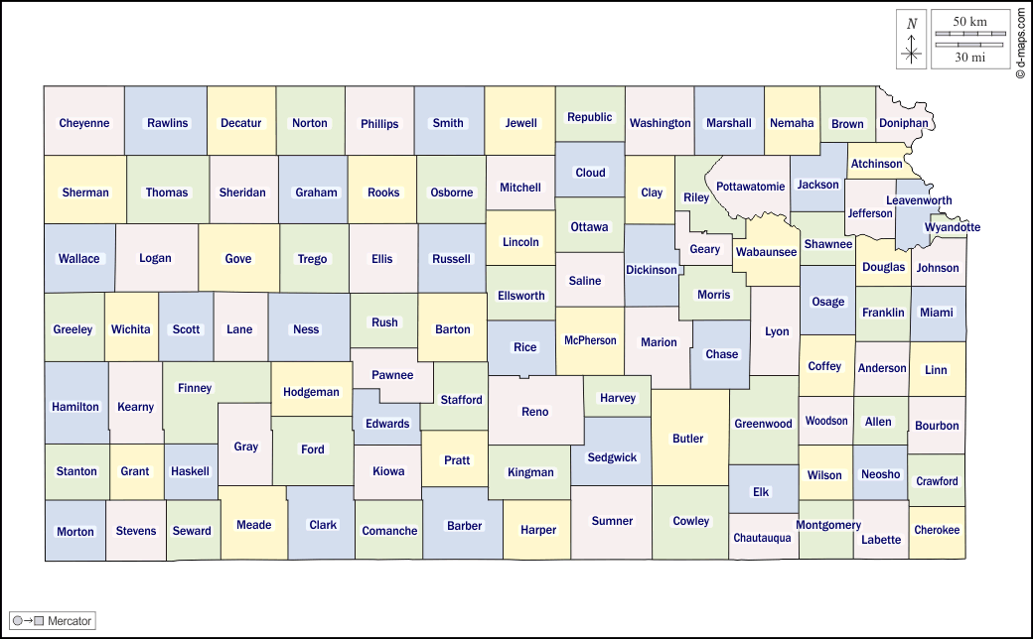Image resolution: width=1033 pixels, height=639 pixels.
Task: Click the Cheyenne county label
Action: pyautogui.click(x=84, y=123)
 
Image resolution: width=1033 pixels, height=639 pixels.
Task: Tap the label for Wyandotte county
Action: pyautogui.click(x=952, y=227)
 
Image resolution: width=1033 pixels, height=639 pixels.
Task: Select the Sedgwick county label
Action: pyautogui.click(x=612, y=457)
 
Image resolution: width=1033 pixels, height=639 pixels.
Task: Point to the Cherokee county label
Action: pyautogui.click(x=937, y=530)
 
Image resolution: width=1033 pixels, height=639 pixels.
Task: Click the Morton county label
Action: pyautogui.click(x=75, y=531)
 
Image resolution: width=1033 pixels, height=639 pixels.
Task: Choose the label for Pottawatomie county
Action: pyautogui.click(x=750, y=186)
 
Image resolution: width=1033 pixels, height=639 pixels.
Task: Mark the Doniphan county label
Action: pyautogui.click(x=903, y=123)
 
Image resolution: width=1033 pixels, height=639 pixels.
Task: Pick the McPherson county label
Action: pyautogui.click(x=590, y=340)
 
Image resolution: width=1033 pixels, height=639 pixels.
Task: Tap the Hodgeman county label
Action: pyautogui.click(x=311, y=392)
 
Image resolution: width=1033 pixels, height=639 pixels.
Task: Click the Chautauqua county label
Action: pyautogui.click(x=762, y=538)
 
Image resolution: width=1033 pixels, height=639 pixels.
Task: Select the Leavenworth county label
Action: pyautogui.click(x=919, y=200)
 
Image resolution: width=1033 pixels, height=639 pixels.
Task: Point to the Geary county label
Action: pyautogui.click(x=704, y=249)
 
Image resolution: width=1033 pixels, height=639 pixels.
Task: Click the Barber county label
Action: pyautogui.click(x=464, y=526)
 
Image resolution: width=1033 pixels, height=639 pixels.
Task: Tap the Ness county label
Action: pyautogui.click(x=306, y=329)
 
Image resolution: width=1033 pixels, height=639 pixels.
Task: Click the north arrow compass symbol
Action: pyautogui.click(x=912, y=40)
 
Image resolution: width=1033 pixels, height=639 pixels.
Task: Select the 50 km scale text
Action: pyautogui.click(x=969, y=21)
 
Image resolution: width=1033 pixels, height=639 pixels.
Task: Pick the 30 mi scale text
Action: pyautogui.click(x=969, y=58)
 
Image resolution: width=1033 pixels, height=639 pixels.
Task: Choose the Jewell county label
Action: pyautogui.click(x=520, y=123)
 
